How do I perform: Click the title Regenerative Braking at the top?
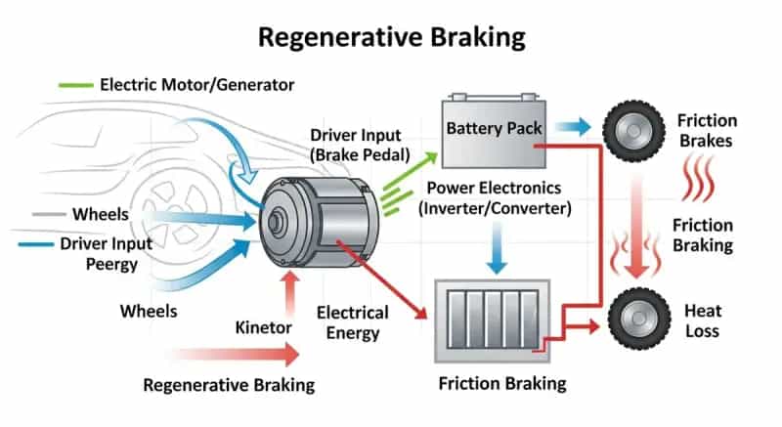(x=391, y=37)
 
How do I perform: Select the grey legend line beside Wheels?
(x=48, y=214)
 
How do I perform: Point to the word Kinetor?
(x=263, y=324)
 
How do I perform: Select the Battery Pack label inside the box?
(x=494, y=128)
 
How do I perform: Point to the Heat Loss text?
(x=702, y=320)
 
